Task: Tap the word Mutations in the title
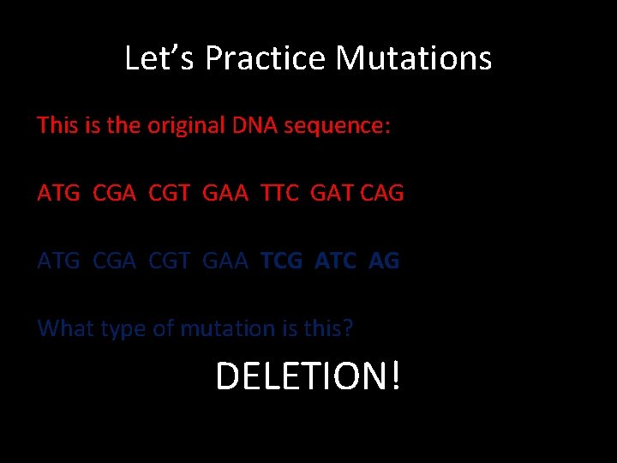414,58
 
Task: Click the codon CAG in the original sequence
382,193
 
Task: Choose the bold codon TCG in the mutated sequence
281,261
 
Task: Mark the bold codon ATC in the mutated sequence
335,261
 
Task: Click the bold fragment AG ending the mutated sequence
384,261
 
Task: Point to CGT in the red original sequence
170,193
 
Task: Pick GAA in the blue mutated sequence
225,261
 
